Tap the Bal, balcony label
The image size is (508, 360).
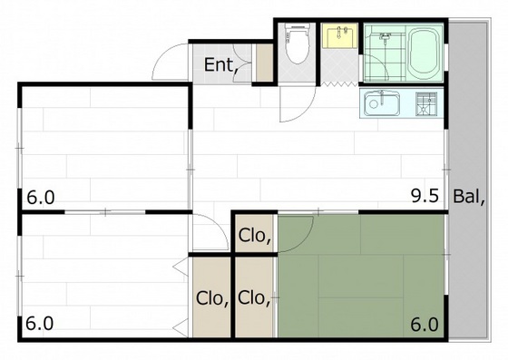pyautogui.click(x=469, y=196)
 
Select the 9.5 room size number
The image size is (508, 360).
pyautogui.click(x=425, y=196)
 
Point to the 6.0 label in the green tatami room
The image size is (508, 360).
pyautogui.click(x=425, y=324)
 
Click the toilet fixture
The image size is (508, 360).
pyautogui.click(x=297, y=43)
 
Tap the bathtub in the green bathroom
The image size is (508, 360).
pyautogui.click(x=425, y=52)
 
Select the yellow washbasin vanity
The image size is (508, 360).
pyautogui.click(x=340, y=35)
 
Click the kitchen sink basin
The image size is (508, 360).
pyautogui.click(x=382, y=103)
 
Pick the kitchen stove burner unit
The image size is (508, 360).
pyautogui.click(x=426, y=103)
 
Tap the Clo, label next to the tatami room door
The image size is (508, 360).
pyautogui.click(x=255, y=236)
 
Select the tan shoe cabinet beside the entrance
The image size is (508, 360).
pyautogui.click(x=265, y=63)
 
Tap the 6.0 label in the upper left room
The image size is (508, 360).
pyautogui.click(x=41, y=198)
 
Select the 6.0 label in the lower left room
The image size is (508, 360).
pyautogui.click(x=39, y=324)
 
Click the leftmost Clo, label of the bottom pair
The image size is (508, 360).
pyautogui.click(x=212, y=298)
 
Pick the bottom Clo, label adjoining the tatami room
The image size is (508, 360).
pyautogui.click(x=254, y=297)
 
